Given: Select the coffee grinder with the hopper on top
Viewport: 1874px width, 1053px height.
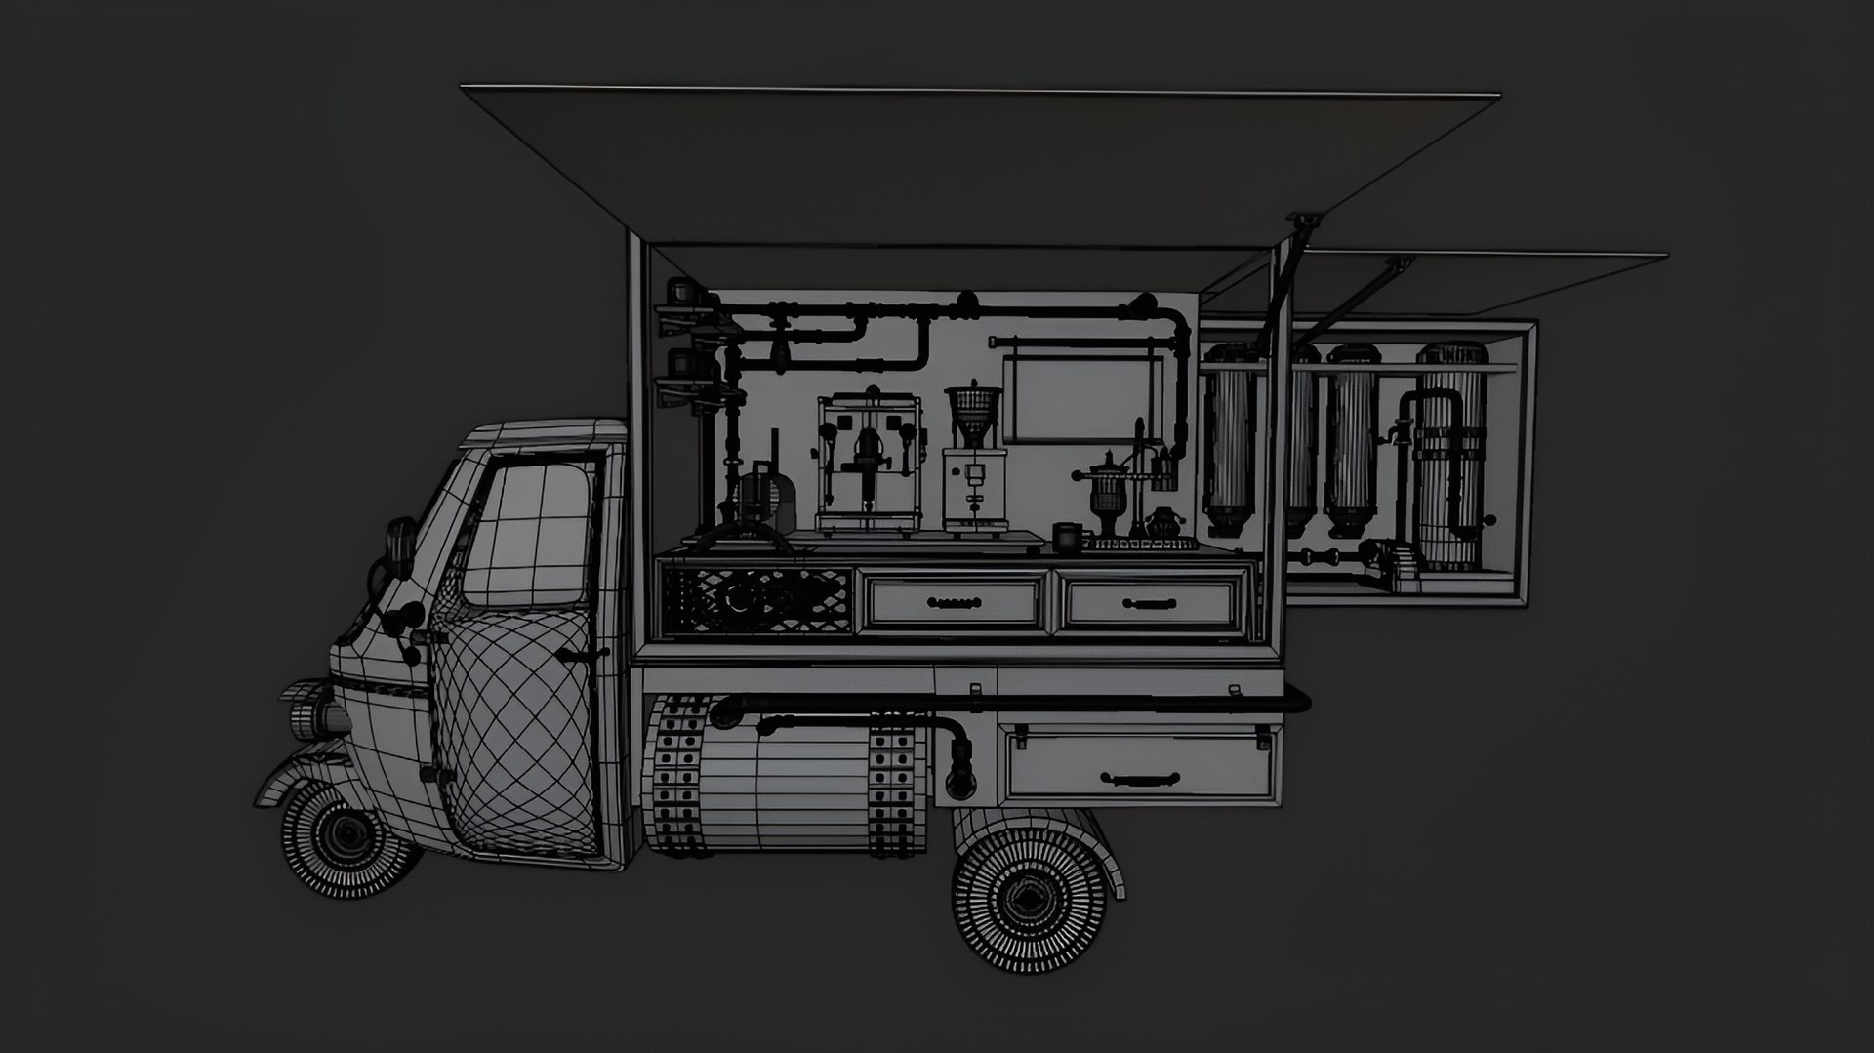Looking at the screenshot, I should [x=973, y=459].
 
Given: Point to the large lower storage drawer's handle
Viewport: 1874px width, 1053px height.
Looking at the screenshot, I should [x=1139, y=778].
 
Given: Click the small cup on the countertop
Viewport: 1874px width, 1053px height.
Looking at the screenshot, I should [x=1066, y=536].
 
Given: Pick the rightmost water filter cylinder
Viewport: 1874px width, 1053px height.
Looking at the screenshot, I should [x=1451, y=454].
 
